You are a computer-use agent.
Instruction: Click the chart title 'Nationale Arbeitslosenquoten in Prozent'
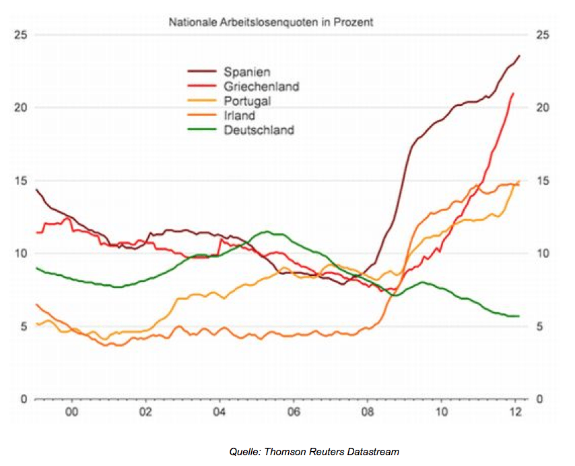pyautogui.click(x=270, y=22)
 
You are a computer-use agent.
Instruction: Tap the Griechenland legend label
pyautogui.click(x=261, y=86)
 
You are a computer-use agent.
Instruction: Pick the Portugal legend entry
pyautogui.click(x=247, y=101)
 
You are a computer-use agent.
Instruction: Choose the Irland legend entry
pyautogui.click(x=240, y=116)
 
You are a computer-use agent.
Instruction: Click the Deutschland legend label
pyautogui.click(x=259, y=130)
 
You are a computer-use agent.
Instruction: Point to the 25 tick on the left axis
pyautogui.click(x=22, y=34)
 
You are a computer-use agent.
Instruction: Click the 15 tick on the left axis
pyautogui.click(x=22, y=181)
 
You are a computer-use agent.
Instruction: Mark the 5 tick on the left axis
pyautogui.click(x=24, y=326)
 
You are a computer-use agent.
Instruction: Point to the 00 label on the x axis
pyautogui.click(x=71, y=413)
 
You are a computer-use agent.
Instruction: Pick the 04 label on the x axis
pyautogui.click(x=219, y=413)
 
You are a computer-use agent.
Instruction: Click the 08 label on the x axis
pyautogui.click(x=367, y=413)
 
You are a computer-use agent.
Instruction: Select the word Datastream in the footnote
pyautogui.click(x=374, y=451)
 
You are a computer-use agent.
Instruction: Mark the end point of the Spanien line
pyautogui.click(x=519, y=55)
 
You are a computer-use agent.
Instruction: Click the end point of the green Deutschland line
pyautogui.click(x=519, y=316)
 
